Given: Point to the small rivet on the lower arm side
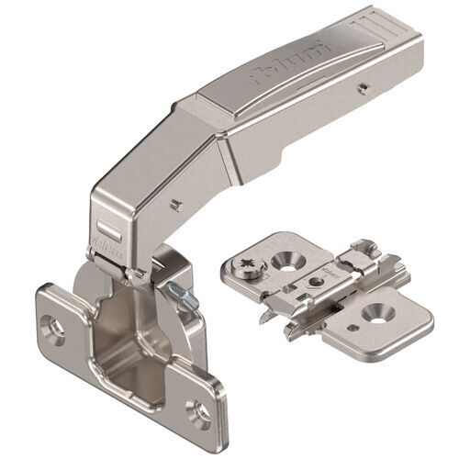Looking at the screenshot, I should [172, 197].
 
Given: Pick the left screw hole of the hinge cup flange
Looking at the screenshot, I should [54, 324].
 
